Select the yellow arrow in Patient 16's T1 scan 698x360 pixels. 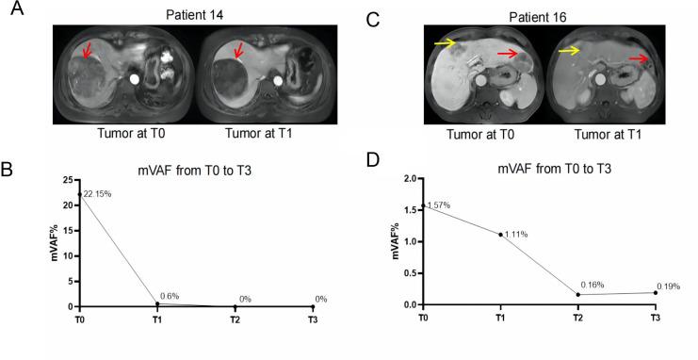(567, 51)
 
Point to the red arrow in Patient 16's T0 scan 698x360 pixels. (508, 56)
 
